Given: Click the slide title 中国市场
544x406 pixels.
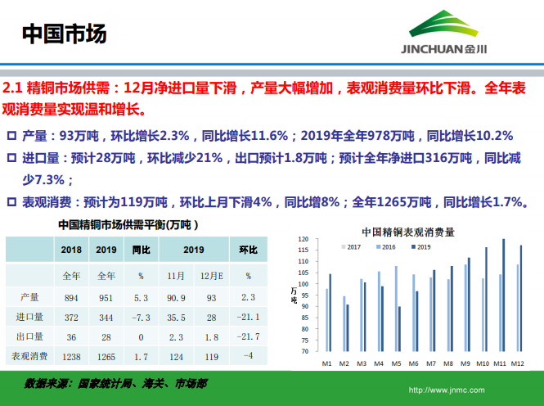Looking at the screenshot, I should (64, 34).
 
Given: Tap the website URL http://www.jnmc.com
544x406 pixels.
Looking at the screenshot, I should (446, 390).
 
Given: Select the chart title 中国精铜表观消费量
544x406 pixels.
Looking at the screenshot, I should (407, 232).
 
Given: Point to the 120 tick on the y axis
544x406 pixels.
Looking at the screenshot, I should (303, 240).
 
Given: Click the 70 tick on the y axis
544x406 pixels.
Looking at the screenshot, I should (303, 351).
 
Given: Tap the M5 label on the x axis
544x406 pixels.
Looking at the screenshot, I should (398, 363).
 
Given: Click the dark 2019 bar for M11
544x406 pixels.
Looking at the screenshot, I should (504, 295).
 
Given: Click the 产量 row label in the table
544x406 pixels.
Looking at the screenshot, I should (29, 297).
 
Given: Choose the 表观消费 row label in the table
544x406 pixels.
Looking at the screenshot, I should (29, 355).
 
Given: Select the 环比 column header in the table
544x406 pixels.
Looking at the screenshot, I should (248, 250).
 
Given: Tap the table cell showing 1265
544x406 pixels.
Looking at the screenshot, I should (106, 355).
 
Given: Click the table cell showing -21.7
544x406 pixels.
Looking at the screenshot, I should (248, 336).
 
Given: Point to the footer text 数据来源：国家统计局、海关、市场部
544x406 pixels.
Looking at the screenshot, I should (115, 382).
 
